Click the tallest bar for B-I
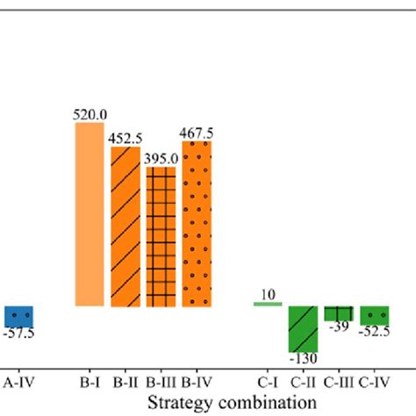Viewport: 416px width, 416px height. pyautogui.click(x=90, y=214)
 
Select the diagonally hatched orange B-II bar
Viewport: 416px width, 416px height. pyautogui.click(x=125, y=226)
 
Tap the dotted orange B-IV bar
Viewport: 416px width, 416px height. pyautogui.click(x=197, y=224)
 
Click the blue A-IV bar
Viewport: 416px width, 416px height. pyautogui.click(x=18, y=316)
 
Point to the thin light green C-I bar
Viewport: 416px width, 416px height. pyautogui.click(x=268, y=304)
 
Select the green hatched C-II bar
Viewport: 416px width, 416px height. pyautogui.click(x=304, y=328)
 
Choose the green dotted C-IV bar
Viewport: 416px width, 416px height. pyautogui.click(x=375, y=315)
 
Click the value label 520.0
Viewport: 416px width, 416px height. pyautogui.click(x=90, y=113)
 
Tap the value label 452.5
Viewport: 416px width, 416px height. pyautogui.click(x=125, y=138)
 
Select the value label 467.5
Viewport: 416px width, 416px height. pyautogui.click(x=197, y=133)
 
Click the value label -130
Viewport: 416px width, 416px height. pyautogui.click(x=304, y=358)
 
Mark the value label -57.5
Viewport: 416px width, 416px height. pyautogui.click(x=18, y=334)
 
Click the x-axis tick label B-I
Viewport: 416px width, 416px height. pyautogui.click(x=90, y=383)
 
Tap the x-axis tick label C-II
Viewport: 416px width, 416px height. pyautogui.click(x=304, y=383)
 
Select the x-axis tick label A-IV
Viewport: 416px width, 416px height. pyautogui.click(x=18, y=383)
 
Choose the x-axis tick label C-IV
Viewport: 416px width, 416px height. pyautogui.click(x=375, y=383)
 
